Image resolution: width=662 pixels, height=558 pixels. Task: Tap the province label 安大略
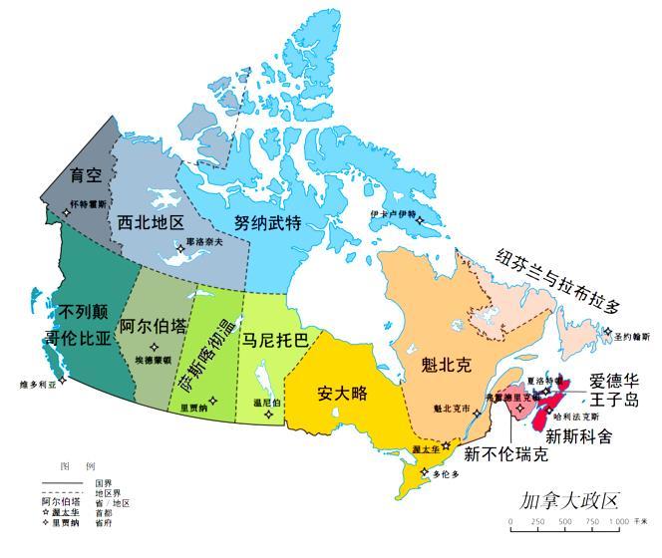click(343, 393)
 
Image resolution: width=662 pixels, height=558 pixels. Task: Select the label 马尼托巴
click(275, 339)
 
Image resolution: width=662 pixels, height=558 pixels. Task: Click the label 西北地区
click(151, 220)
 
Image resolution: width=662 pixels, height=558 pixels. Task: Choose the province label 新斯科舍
click(578, 435)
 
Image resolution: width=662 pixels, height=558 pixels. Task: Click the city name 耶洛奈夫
click(204, 241)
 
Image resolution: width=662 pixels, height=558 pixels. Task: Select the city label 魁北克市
click(452, 408)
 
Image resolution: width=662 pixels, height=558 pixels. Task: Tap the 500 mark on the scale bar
click(564, 523)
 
